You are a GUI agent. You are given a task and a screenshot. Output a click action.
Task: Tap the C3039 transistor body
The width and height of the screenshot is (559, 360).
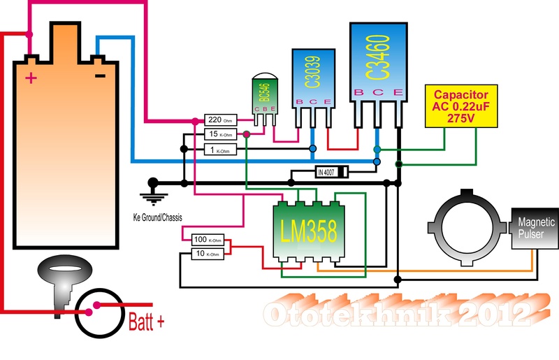coord(312,80)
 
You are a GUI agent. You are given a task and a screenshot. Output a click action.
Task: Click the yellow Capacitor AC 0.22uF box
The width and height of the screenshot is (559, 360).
coord(462,106)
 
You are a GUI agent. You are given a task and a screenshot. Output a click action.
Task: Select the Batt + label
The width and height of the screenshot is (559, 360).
coord(146,322)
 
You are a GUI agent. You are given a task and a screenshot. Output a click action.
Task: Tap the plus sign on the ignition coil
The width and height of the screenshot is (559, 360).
coord(31,78)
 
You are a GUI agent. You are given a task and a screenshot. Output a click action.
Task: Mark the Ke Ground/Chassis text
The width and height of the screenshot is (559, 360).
coord(157,217)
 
